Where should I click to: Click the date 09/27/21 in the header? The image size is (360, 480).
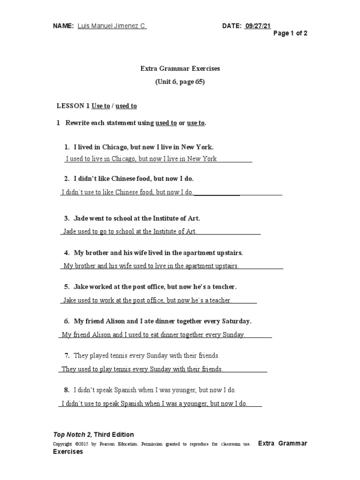[258, 26]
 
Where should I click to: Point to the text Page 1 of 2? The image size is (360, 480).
[290, 33]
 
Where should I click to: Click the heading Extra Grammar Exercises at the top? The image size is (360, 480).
[180, 68]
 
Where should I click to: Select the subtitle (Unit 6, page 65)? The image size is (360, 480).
[180, 82]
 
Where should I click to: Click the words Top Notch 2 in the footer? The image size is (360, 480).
[71, 435]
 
